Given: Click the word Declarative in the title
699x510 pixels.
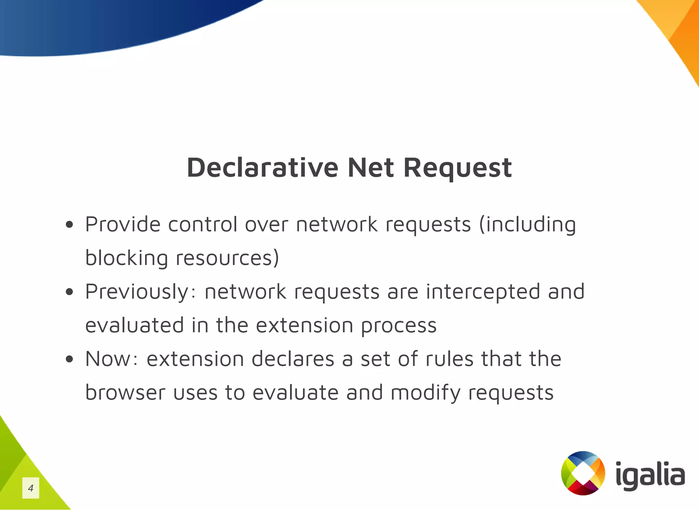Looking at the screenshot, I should click(262, 168).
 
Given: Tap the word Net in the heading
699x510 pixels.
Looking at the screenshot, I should click(371, 168).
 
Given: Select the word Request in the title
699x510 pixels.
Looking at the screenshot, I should click(457, 168).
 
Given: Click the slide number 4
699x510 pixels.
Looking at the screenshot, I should click(31, 488).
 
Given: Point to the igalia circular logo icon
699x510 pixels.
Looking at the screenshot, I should click(583, 473).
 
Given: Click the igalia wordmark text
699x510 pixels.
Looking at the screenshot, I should click(650, 475).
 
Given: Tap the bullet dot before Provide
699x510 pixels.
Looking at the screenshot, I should click(70, 224).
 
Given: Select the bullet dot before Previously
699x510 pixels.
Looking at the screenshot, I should click(70, 292).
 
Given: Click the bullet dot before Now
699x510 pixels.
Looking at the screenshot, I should click(70, 359).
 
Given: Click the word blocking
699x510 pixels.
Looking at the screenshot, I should click(126, 258).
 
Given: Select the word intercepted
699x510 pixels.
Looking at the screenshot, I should click(483, 292).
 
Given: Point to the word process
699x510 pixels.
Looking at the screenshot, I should click(399, 326).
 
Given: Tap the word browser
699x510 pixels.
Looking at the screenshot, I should click(125, 392).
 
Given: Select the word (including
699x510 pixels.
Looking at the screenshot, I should click(527, 224).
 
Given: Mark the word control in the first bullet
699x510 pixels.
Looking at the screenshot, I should click(203, 224).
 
